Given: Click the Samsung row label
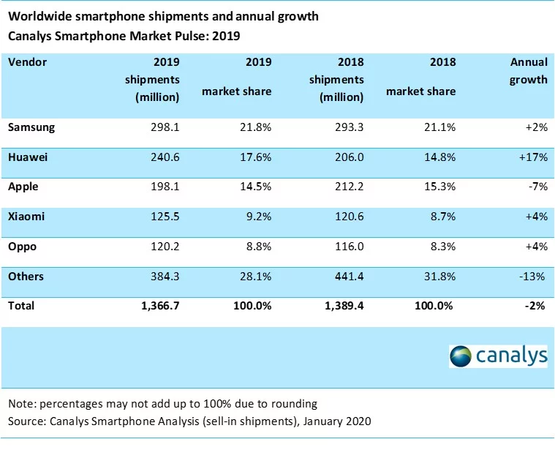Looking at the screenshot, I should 31,127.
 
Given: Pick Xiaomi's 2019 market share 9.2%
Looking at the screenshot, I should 256,217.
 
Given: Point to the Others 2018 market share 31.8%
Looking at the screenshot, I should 439,277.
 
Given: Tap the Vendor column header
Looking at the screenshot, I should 27,62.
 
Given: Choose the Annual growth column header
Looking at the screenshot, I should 528,71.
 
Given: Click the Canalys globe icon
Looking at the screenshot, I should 461,356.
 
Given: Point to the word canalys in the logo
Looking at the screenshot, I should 512,356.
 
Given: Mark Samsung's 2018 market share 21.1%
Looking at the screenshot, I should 439,127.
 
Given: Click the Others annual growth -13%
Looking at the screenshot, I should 533,277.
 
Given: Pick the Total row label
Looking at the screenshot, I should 21,307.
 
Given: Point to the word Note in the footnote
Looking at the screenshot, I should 21,403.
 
